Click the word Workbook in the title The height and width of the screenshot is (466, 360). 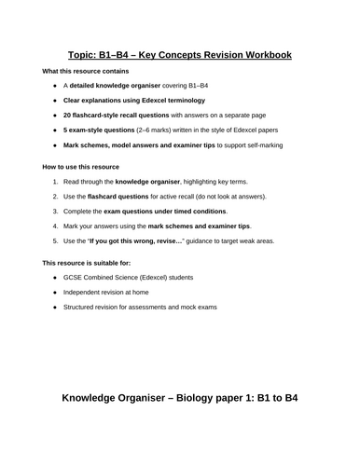pos(258,54)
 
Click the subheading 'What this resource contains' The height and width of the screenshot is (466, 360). pos(82,72)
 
